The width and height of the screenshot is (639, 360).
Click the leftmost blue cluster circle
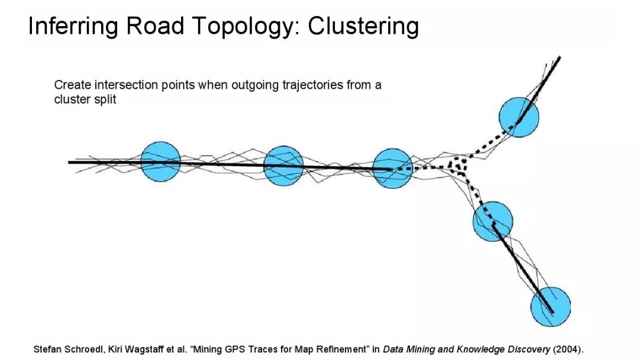pyautogui.click(x=160, y=162)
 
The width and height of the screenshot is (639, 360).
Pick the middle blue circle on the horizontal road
pyautogui.click(x=283, y=166)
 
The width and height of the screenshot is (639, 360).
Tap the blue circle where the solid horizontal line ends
pyautogui.click(x=392, y=168)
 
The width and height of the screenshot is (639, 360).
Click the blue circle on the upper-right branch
pyautogui.click(x=519, y=117)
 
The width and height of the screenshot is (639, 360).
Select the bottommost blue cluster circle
pyautogui.click(x=550, y=307)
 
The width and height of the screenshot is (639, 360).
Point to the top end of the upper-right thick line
pyautogui.click(x=559, y=58)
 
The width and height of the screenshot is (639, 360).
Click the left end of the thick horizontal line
pyautogui.click(x=70, y=162)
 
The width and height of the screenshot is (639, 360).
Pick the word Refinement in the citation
pyautogui.click(x=335, y=349)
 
